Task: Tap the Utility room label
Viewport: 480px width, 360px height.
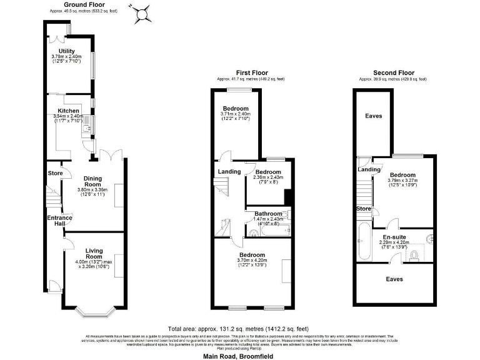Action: tap(67, 51)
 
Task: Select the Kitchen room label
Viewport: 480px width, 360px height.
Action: tap(69, 111)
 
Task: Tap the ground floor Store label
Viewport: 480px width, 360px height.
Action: tap(55, 174)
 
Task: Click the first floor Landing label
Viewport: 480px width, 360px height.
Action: tap(229, 172)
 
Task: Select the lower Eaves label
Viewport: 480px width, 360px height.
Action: tap(394, 279)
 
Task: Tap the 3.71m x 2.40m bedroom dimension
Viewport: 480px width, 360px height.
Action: tap(235, 114)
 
